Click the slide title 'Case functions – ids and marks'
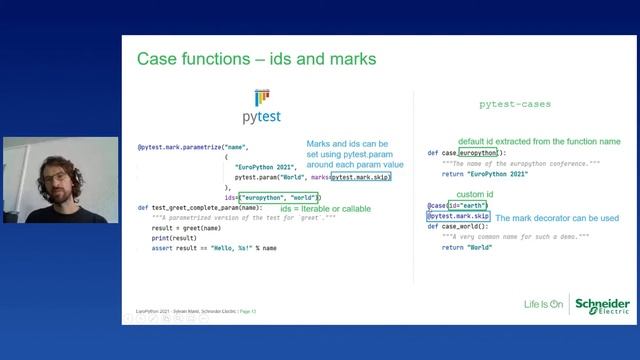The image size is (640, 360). (256, 59)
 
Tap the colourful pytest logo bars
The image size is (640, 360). (262, 97)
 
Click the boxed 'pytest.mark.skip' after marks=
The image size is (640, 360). (361, 177)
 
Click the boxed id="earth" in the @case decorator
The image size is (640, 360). (468, 206)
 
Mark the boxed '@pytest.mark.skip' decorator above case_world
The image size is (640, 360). (458, 216)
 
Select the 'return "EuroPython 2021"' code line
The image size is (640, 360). (483, 174)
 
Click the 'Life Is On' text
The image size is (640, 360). (544, 304)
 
